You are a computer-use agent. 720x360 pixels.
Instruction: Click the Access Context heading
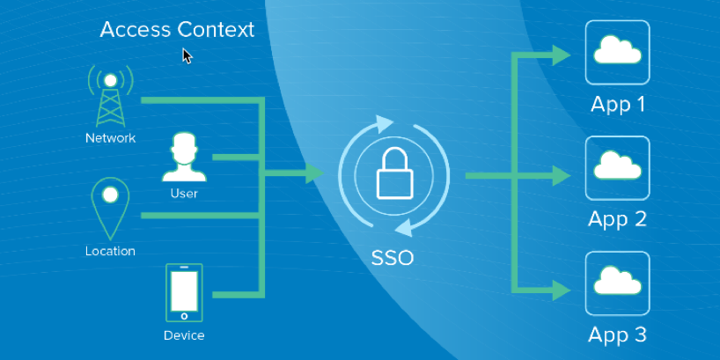177,29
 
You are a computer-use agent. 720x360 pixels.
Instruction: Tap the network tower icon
110,97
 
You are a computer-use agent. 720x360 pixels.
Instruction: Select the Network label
110,138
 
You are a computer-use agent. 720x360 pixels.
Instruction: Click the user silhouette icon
184,158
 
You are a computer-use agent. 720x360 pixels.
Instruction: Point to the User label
184,193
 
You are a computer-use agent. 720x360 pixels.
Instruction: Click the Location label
110,251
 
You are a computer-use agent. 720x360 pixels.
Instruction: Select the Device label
184,335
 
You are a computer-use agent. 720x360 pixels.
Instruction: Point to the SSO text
393,259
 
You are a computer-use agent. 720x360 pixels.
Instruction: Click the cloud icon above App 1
617,52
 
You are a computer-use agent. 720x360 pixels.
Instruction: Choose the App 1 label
617,104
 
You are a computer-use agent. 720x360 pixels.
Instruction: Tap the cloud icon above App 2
617,166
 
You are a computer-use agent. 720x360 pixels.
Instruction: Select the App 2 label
617,218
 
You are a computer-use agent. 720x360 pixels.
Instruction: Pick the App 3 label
617,334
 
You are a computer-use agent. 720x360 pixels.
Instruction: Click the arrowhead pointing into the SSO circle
314,173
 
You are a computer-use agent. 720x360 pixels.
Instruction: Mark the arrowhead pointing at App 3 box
562,288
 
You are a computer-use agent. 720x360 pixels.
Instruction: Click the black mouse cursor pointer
187,55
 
